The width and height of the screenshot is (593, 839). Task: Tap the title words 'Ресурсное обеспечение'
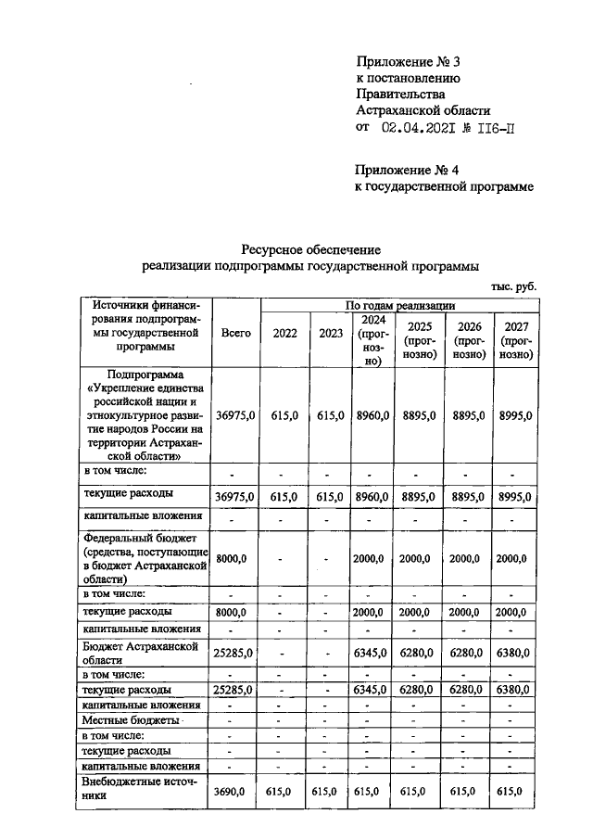tap(311, 249)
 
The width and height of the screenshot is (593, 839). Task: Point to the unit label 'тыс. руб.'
tap(513, 286)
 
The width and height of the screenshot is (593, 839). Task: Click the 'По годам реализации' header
tap(399, 303)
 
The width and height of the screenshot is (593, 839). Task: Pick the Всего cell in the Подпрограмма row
tap(235, 417)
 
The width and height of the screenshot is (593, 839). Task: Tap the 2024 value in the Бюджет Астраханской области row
tap(372, 653)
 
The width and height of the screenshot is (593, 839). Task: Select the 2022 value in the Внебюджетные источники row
tap(284, 791)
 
